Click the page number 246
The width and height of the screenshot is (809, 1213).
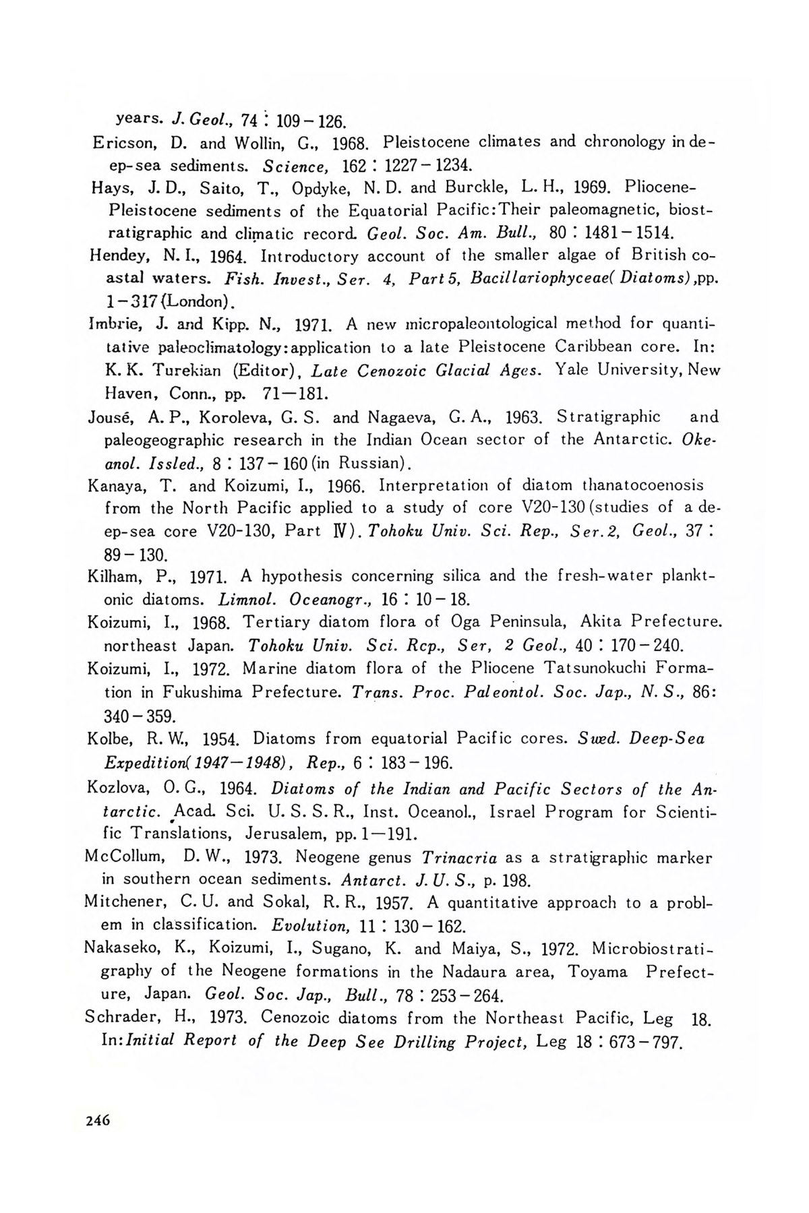click(x=98, y=1120)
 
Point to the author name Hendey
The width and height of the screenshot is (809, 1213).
click(x=114, y=257)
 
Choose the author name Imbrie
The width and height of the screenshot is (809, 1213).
click(x=111, y=324)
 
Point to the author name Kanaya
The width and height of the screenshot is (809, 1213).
click(x=113, y=486)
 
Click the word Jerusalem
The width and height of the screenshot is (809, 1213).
click(x=277, y=835)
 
